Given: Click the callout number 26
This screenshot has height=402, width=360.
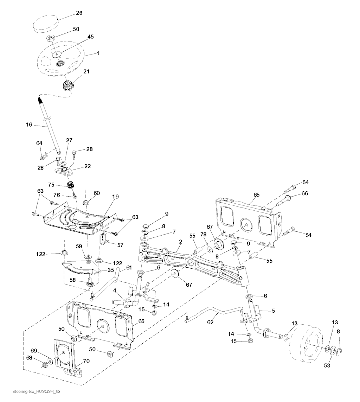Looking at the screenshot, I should click(79, 13).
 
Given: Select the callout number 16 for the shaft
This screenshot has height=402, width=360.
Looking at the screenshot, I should click(29, 124).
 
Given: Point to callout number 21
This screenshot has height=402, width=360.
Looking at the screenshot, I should click(86, 71).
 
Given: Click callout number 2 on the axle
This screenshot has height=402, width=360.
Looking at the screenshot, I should click(180, 242).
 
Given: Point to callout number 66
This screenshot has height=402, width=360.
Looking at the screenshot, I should click(304, 193).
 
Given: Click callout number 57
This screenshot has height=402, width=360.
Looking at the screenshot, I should click(121, 245).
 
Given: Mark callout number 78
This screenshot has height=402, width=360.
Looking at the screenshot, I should click(203, 235).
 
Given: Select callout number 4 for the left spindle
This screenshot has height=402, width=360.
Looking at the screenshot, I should click(115, 291).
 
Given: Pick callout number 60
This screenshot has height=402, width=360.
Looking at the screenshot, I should click(96, 193).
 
